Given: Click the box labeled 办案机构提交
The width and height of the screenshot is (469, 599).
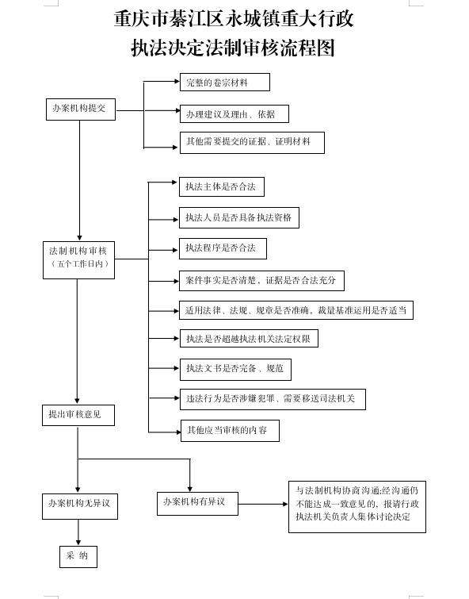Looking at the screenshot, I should pos(79,109).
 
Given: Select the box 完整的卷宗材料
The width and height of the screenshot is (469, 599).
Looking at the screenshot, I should pos(224,83).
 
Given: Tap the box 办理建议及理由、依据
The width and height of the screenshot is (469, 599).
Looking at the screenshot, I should pos(233,114).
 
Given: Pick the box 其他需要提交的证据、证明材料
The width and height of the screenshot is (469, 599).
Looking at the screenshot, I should pos(251,143).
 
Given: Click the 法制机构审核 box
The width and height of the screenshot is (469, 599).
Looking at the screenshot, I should pos(78,252).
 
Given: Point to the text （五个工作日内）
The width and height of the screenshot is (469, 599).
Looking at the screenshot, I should pos(78,264).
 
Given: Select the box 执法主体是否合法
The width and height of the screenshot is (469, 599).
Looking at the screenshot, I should pos(221,187).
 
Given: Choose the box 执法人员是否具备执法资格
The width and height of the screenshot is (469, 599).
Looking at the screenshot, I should pos(239,217).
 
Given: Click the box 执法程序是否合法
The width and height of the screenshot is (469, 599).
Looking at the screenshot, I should pos(223,248).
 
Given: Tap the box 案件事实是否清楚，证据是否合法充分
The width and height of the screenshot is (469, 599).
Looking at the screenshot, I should pos(261,280).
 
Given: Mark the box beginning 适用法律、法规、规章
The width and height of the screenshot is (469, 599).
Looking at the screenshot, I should pos(296,310).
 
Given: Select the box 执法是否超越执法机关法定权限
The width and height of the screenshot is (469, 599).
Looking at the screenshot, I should pos(249,339).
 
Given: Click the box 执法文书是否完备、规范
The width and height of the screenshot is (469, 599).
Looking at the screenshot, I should pos(234,368).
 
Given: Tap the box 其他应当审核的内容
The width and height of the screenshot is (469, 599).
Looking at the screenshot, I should pos(230,431).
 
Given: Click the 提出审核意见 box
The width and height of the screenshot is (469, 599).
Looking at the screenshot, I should pos(78,415).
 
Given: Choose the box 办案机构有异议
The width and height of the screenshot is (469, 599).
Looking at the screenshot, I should pos(196,502).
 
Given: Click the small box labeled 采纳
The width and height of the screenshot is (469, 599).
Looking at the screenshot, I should pos(78,556).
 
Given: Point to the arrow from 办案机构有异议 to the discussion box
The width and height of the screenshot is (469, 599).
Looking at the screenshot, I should pos(263,504).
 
